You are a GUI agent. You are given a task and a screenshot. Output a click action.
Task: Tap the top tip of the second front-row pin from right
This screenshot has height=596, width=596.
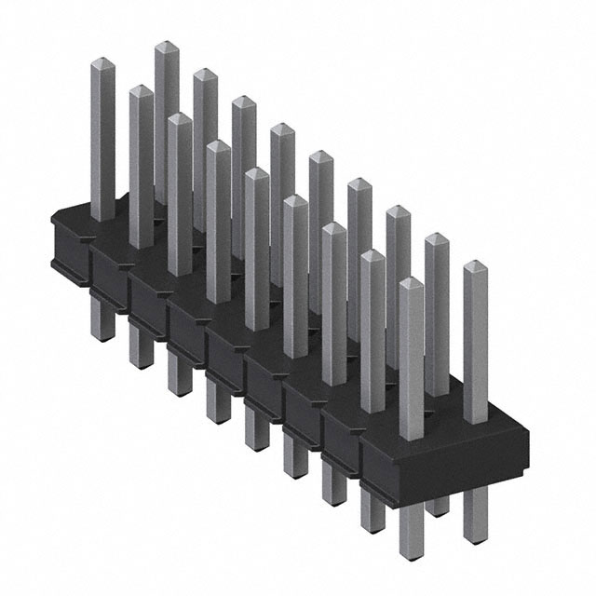click(372, 255)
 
